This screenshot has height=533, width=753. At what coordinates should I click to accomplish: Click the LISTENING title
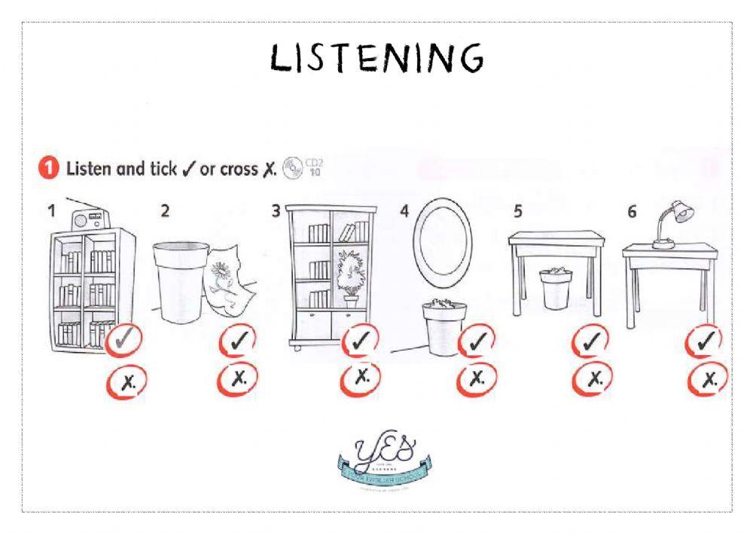376,57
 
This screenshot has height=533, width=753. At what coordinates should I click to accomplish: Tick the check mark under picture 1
123,341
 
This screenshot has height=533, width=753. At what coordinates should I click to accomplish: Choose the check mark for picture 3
361,341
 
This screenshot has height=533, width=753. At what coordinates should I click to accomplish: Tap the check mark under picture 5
591,342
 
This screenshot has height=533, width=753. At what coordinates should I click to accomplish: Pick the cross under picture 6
707,379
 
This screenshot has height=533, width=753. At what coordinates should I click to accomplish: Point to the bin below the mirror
441,327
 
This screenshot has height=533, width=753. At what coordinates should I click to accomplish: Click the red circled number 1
47,169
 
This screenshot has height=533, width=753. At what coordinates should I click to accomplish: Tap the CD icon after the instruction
292,167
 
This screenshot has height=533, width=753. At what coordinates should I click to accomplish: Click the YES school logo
383,460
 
